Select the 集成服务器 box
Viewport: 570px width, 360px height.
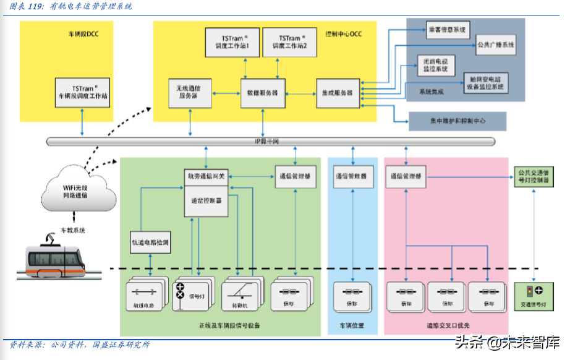tap(338, 93)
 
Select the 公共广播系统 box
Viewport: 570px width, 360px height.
tap(496, 45)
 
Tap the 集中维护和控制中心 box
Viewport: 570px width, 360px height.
tap(457, 121)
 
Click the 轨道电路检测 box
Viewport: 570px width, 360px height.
tap(150, 242)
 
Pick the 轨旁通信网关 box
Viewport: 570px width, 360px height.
tap(207, 176)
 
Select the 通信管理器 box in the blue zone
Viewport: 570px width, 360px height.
tap(351, 176)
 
